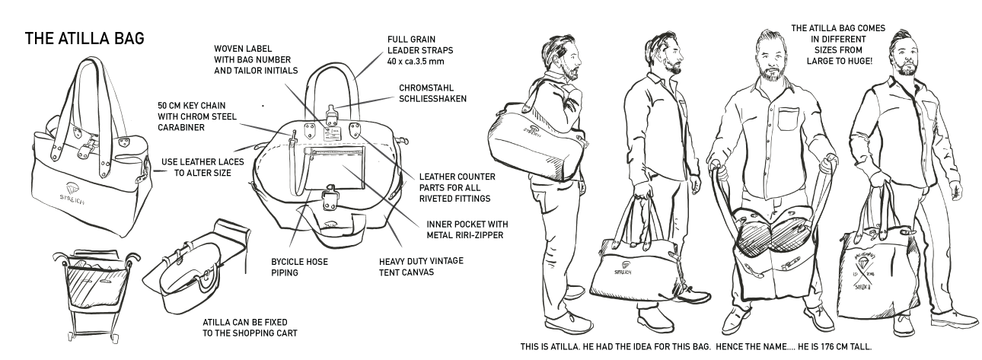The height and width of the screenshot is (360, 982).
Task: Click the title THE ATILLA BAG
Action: pos(84,37)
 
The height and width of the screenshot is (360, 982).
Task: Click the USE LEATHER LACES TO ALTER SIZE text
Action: pos(197,167)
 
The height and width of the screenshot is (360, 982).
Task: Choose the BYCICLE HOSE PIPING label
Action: pos(295,264)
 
